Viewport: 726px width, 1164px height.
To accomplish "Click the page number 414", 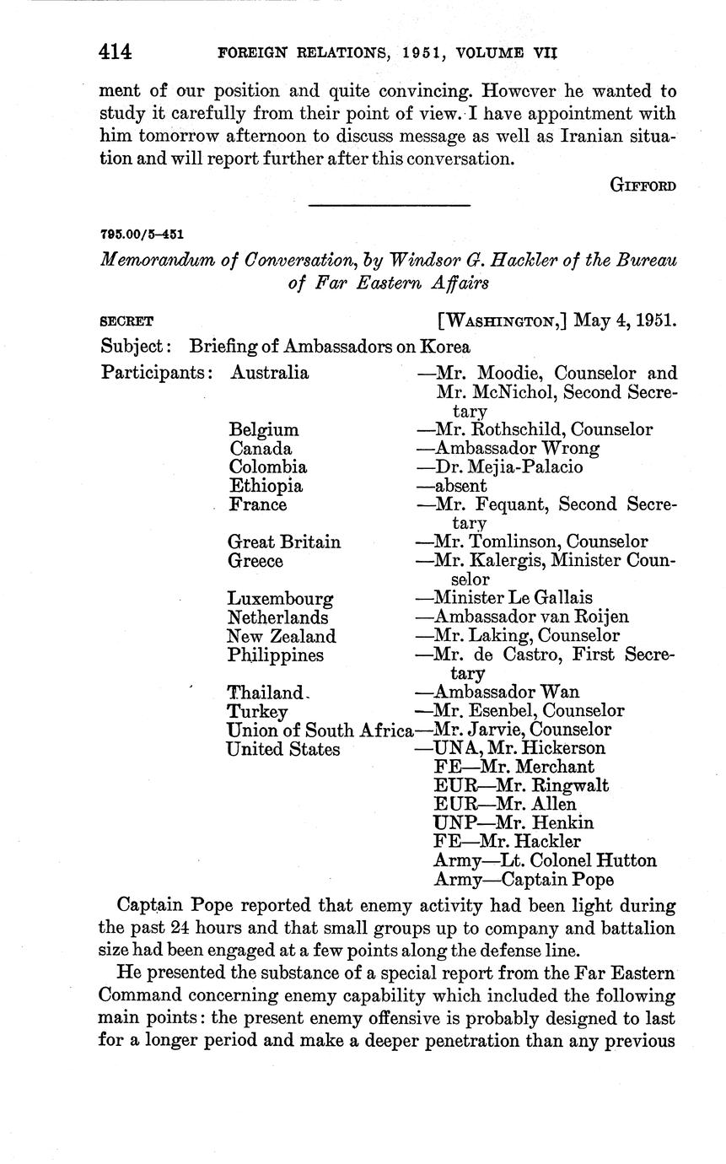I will (116, 52).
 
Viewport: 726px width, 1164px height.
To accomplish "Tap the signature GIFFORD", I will (643, 186).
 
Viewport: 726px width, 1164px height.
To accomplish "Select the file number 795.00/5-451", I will (143, 234).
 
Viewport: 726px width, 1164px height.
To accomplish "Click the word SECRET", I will (126, 322).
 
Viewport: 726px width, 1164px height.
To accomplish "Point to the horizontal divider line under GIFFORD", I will (390, 205).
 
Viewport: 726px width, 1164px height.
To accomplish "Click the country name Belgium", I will (263, 430).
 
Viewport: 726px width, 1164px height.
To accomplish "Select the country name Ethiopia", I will (266, 486).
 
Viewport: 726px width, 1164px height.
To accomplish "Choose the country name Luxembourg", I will (280, 599).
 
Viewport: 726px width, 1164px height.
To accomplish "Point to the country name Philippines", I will (276, 655).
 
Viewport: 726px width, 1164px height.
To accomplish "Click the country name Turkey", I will (257, 711).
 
